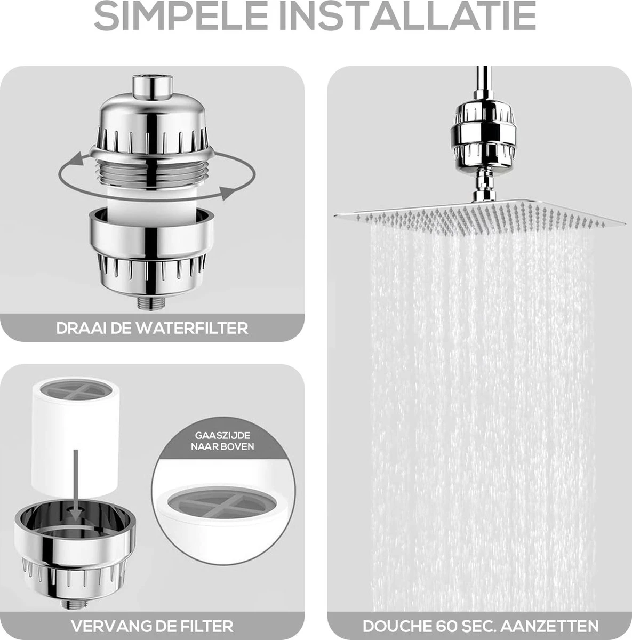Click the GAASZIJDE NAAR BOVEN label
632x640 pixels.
[222, 440]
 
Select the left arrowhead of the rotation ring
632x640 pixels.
[76, 158]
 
